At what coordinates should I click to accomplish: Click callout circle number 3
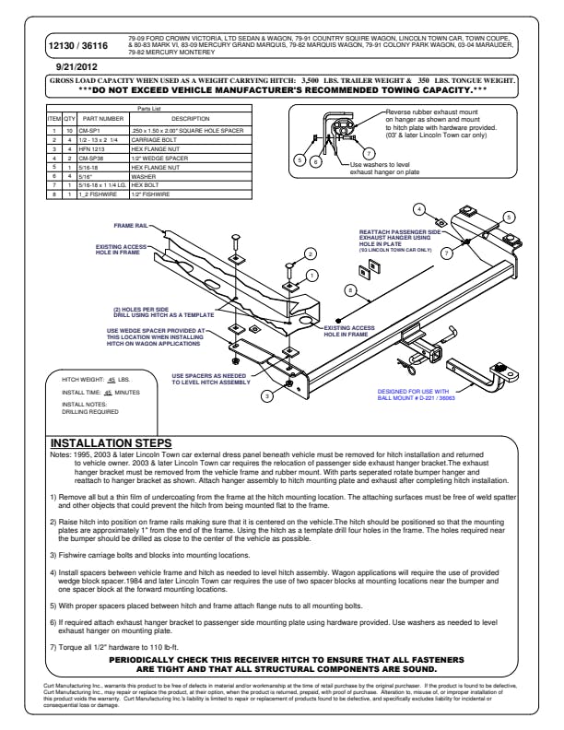click(x=266, y=395)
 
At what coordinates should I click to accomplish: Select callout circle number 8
click(x=349, y=289)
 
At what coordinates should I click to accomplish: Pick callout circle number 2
click(x=311, y=253)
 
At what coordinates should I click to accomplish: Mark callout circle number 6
click(x=314, y=160)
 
